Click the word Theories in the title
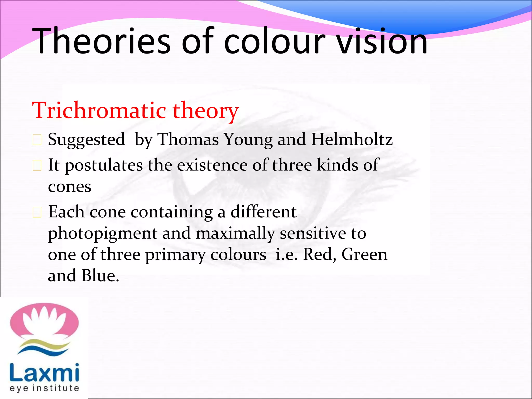coord(101,42)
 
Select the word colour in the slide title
coord(274,42)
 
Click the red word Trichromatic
coord(99,110)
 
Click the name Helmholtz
coord(352,139)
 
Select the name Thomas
coord(188,139)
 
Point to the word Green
coord(364,255)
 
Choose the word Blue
coord(100,276)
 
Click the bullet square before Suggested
coord(37,140)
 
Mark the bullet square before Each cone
coord(37,212)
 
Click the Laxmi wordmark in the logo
coord(44,373)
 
